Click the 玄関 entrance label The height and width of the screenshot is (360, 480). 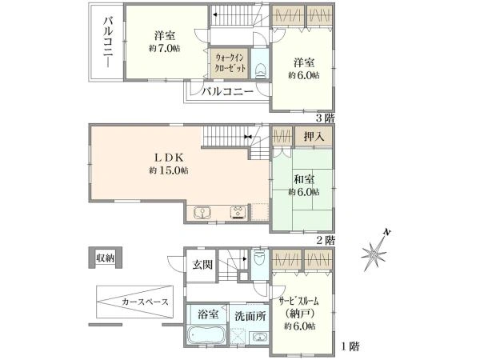202,266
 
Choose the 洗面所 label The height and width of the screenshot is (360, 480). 250,315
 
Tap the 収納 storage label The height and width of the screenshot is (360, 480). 105,258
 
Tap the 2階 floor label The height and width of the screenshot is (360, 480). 324,239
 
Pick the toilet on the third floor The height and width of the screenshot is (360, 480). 260,69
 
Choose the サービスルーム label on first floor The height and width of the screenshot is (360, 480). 300,302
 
